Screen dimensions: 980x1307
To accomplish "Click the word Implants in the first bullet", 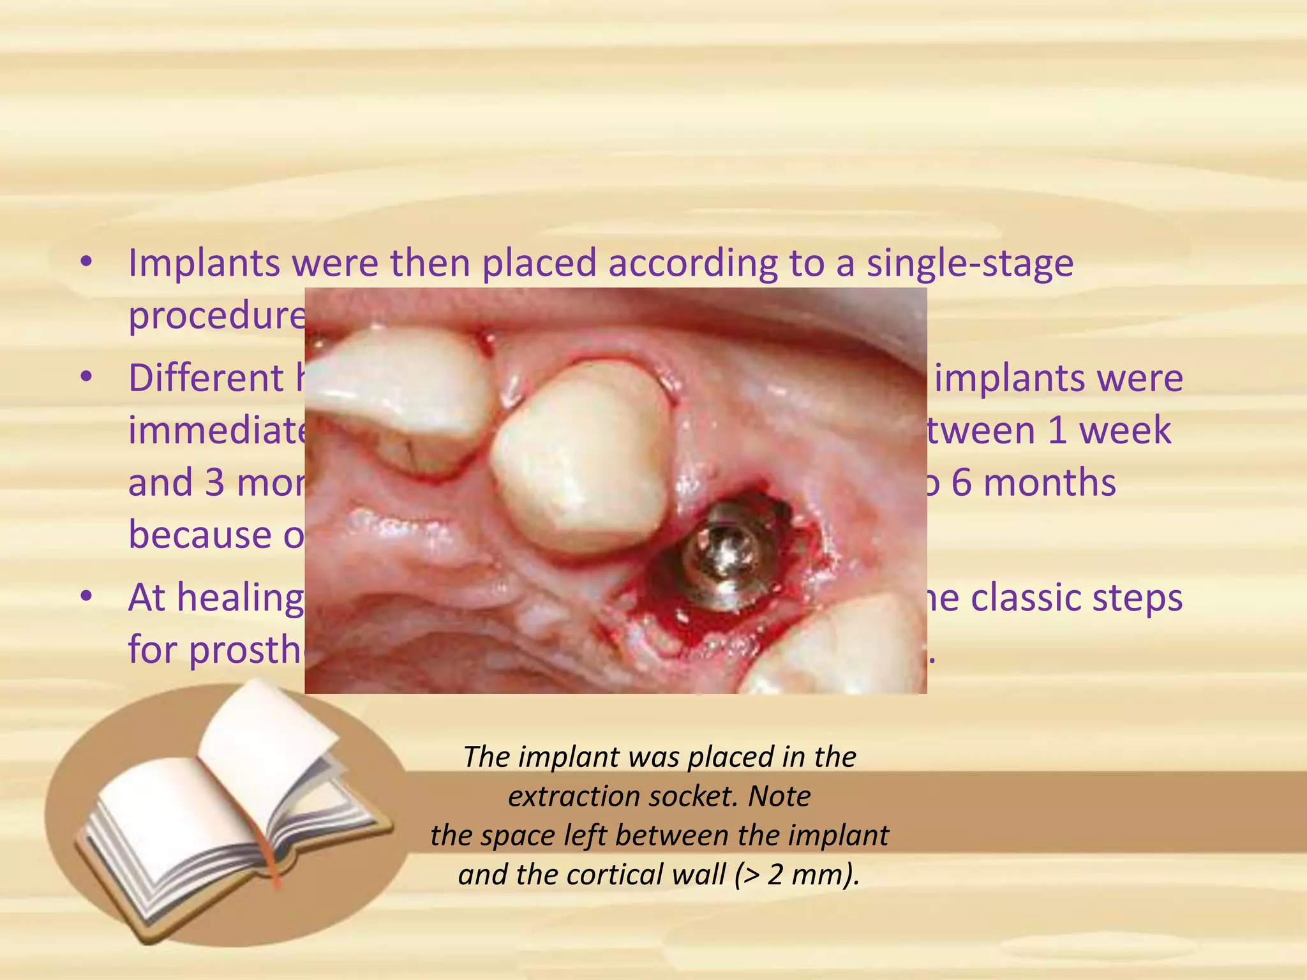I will (204, 263).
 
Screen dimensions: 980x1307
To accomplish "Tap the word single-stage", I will (969, 263).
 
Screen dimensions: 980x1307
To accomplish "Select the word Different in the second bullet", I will (205, 378).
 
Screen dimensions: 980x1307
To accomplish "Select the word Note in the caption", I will (779, 796).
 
